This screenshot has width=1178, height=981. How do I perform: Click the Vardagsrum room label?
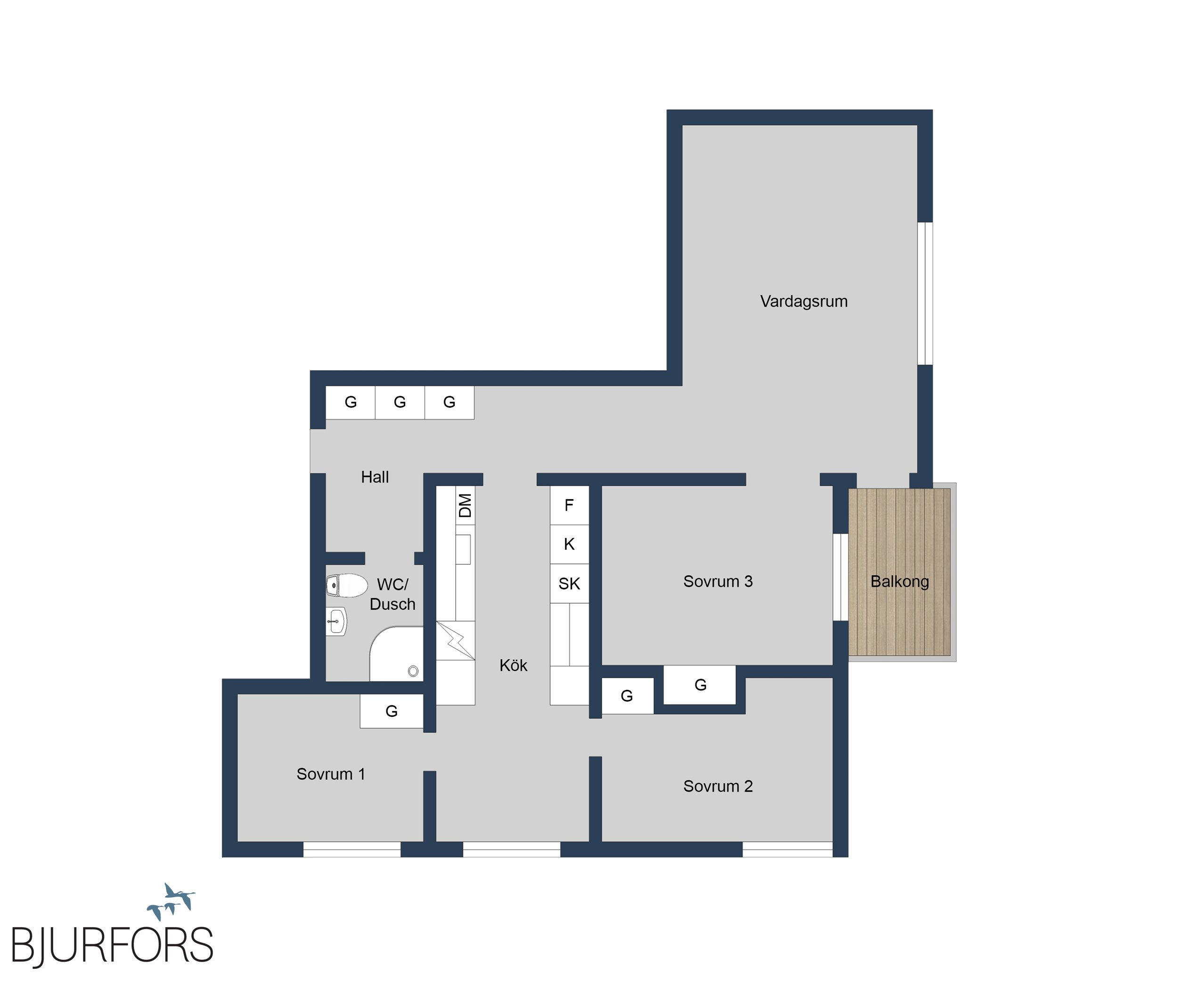click(803, 301)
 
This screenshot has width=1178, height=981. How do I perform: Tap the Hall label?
click(375, 477)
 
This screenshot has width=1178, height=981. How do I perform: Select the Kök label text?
click(513, 665)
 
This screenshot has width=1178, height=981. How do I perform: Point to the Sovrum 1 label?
click(330, 774)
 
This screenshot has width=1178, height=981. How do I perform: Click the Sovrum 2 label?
click(718, 786)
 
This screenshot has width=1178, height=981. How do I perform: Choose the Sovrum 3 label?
click(718, 582)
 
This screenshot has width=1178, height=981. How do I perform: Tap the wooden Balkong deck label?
click(899, 582)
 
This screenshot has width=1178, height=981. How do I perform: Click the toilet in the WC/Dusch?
click(347, 585)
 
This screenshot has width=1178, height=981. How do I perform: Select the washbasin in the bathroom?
click(336, 621)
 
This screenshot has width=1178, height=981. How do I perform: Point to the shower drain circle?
click(413, 671)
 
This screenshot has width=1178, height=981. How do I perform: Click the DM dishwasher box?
click(465, 506)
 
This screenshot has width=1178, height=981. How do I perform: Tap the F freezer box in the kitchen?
click(569, 506)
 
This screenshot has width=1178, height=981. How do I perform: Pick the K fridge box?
click(569, 544)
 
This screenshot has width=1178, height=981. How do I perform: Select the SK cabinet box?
click(569, 584)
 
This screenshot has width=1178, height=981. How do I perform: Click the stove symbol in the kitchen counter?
click(456, 640)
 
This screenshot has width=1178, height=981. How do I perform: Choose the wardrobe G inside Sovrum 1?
click(392, 711)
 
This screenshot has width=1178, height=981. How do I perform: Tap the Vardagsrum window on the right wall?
click(925, 293)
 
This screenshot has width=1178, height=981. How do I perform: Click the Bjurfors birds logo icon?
click(172, 902)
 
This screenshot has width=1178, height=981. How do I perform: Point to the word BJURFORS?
click(112, 945)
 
